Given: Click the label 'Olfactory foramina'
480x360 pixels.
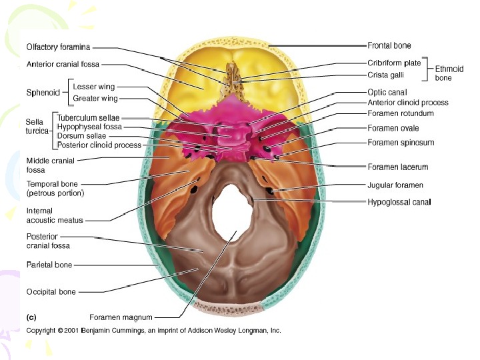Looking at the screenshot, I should point(59,47).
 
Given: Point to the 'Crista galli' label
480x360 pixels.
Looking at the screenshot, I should point(386,75).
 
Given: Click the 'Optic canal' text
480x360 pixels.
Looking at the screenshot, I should point(387,92).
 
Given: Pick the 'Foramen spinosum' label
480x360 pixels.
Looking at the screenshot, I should point(401,142).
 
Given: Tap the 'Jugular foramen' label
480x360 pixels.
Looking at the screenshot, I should point(395,185).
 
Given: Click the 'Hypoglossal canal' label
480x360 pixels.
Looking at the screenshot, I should point(399,201).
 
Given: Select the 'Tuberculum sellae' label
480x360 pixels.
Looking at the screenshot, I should point(89,117).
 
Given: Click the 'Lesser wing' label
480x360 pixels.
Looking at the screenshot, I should point(93,87).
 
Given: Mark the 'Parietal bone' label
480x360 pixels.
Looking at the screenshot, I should point(49,265).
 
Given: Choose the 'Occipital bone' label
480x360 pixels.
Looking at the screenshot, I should point(51,291).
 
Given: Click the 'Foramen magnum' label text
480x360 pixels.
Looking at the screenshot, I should point(121,317).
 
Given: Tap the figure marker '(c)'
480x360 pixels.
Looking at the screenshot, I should point(31,317).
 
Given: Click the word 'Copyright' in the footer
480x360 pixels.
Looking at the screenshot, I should point(41,331).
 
